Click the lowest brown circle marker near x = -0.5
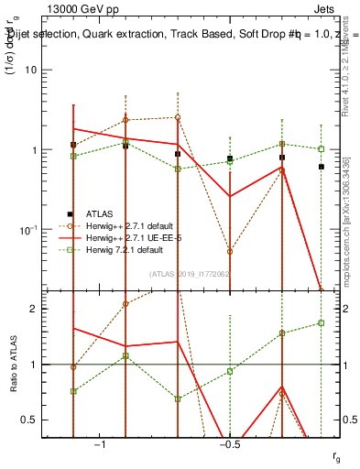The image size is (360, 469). [230, 251]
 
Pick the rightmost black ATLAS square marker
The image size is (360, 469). [322, 167]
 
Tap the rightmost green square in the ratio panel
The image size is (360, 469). [322, 322]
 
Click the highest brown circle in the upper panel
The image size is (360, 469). [178, 117]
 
